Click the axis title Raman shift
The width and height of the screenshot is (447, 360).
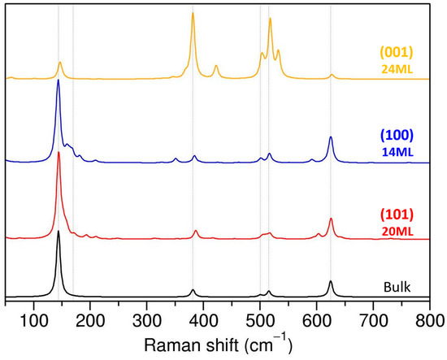pyautogui.click(x=218, y=345)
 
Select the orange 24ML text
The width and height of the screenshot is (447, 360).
pyautogui.click(x=397, y=69)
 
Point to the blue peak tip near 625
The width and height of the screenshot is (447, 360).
pyautogui.click(x=331, y=137)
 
